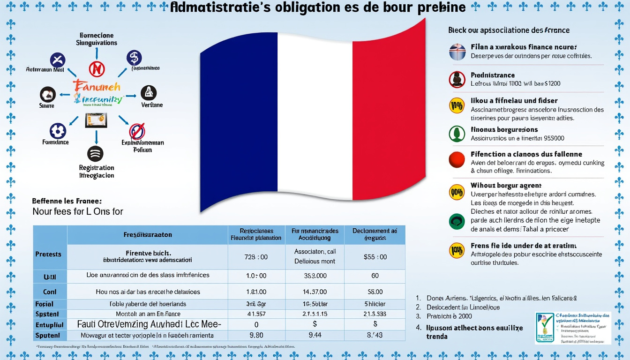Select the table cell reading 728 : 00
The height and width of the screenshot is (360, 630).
click(x=256, y=257)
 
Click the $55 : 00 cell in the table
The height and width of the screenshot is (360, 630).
click(x=375, y=257)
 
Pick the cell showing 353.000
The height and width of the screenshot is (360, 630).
click(x=315, y=276)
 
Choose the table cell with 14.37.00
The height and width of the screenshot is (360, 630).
click(x=315, y=292)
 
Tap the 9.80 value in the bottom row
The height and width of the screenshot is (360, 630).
click(x=256, y=335)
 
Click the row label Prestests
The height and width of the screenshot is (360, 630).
click(x=48, y=254)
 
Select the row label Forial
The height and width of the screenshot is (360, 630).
click(x=44, y=304)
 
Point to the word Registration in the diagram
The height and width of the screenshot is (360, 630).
click(x=97, y=168)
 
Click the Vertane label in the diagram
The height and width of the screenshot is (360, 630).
click(x=152, y=105)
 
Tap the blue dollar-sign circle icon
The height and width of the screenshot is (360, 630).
click(x=134, y=58)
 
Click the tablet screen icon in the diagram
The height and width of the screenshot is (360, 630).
click(x=96, y=120)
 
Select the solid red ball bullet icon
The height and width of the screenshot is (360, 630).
click(x=457, y=160)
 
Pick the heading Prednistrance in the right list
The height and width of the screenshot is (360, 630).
click(x=493, y=75)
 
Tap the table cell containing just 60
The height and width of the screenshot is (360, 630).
click(x=375, y=276)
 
